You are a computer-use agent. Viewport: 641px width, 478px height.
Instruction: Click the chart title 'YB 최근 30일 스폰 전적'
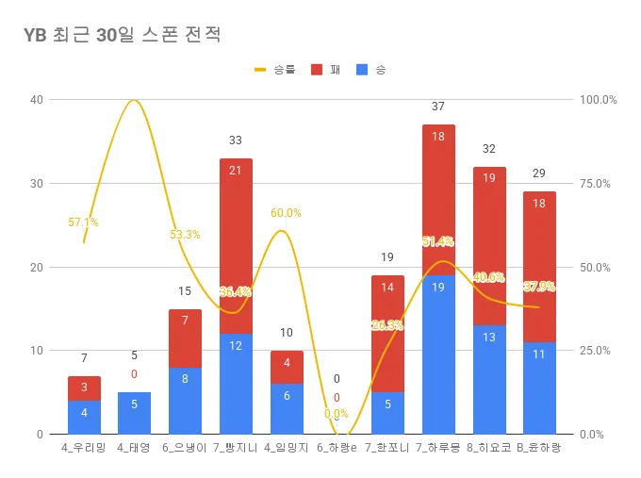click(x=123, y=35)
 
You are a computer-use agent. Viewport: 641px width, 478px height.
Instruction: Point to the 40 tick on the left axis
click(x=35, y=100)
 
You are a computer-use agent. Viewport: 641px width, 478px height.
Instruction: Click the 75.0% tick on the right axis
click(x=598, y=184)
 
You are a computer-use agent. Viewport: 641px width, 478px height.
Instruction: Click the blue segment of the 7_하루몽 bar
click(x=438, y=354)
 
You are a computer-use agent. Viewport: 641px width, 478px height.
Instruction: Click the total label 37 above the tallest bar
click(x=438, y=107)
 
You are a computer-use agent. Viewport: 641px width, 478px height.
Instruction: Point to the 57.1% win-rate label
click(x=83, y=223)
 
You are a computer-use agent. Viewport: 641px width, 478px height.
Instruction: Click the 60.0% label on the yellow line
click(x=286, y=213)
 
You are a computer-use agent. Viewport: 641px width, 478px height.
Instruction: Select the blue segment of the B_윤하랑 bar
click(x=539, y=387)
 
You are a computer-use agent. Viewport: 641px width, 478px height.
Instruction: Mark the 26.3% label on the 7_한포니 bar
click(x=387, y=325)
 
